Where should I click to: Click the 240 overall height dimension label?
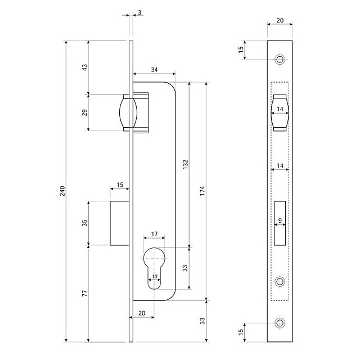(62, 191)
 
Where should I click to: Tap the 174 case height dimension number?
(202, 191)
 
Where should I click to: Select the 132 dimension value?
(186, 164)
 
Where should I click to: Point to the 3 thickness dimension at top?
(139, 12)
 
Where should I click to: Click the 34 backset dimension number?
(154, 70)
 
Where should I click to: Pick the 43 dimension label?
(85, 67)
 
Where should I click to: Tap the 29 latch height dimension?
(85, 112)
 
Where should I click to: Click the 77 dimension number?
(85, 293)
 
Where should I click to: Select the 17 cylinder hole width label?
(154, 234)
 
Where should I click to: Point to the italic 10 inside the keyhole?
(155, 276)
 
